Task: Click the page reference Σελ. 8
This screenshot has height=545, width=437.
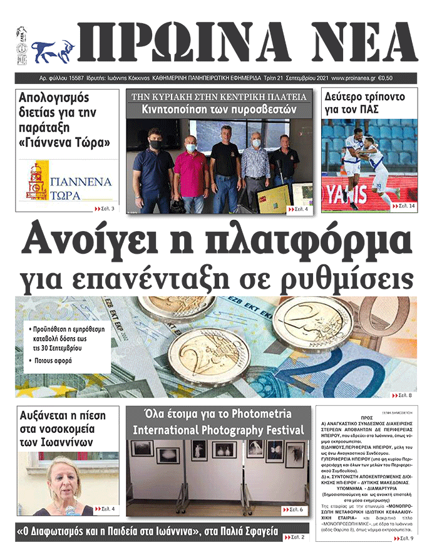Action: point(404,395)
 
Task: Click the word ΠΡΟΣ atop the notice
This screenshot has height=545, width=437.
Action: point(367,416)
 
